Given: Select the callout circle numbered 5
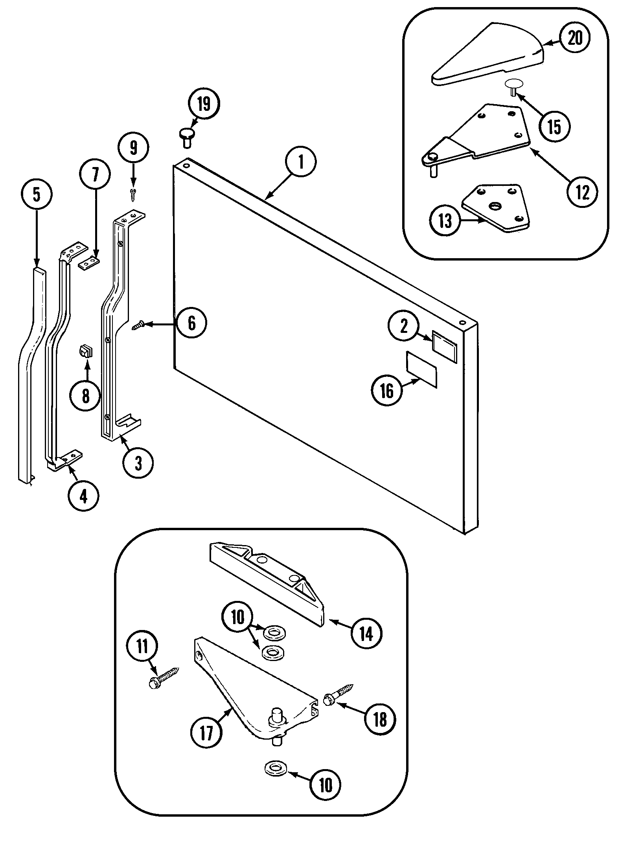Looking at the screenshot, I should click(36, 195).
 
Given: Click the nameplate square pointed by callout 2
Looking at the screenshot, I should click(445, 346).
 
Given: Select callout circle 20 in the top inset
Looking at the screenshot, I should click(575, 39).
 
